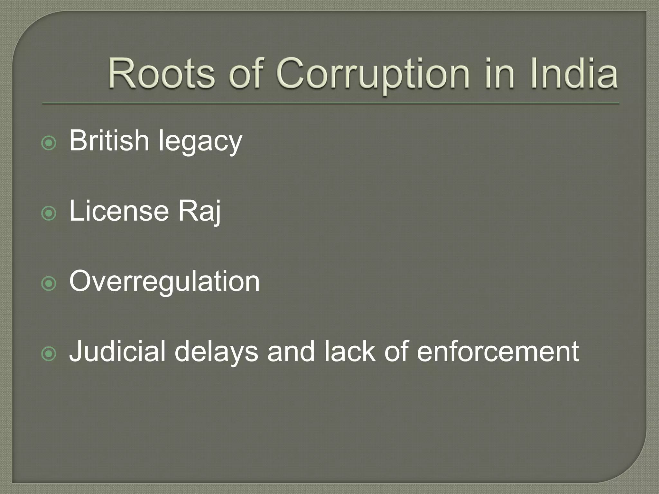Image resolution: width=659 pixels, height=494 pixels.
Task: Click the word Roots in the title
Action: [x=161, y=73]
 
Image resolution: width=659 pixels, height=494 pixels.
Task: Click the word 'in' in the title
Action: [x=503, y=73]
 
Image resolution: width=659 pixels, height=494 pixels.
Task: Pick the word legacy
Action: [x=200, y=142]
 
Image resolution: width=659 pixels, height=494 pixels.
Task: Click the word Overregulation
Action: [x=164, y=281]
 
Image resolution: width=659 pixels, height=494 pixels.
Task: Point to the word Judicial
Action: [x=117, y=351]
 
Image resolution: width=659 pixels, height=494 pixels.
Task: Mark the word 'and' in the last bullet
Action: [x=291, y=351]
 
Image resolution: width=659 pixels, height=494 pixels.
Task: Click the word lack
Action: [x=350, y=351]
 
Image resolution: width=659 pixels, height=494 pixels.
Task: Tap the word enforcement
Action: [x=498, y=351]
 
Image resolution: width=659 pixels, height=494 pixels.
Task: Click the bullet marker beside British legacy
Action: [x=49, y=143]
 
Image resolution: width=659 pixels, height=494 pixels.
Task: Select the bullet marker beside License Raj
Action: [x=49, y=214]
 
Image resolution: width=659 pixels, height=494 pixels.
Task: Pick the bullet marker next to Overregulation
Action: [x=49, y=284]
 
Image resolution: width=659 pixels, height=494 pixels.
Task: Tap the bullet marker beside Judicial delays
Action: [x=49, y=354]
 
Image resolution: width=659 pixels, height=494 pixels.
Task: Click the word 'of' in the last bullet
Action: [x=396, y=351]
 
